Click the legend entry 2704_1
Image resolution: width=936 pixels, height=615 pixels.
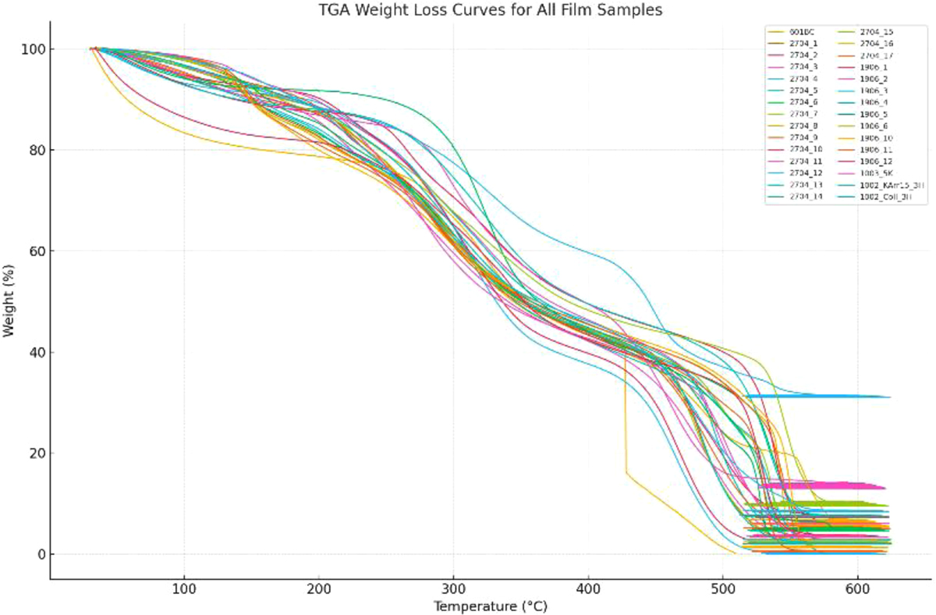pos(803,44)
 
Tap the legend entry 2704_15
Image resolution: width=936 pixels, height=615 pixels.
pos(876,32)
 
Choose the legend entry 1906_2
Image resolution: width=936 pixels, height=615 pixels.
pos(874,79)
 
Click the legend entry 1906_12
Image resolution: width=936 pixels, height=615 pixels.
pos(876,161)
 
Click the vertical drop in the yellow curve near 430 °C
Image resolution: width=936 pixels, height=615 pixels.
pos(625,414)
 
